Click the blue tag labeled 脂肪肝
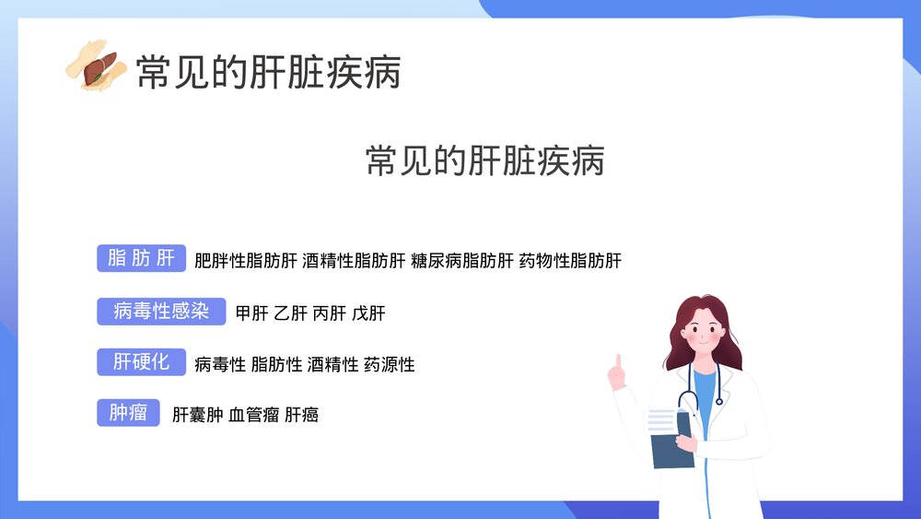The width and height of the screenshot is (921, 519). pyautogui.click(x=141, y=259)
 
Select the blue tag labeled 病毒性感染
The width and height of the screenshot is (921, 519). pyautogui.click(x=161, y=312)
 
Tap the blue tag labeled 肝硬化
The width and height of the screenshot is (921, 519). pyautogui.click(x=141, y=362)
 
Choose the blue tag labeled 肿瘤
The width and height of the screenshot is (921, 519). pyautogui.click(x=128, y=413)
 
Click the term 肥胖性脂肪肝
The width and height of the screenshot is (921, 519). pyautogui.click(x=246, y=261)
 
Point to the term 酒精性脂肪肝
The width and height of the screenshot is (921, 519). pyautogui.click(x=354, y=261)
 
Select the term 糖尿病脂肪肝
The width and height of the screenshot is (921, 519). pyautogui.click(x=462, y=261)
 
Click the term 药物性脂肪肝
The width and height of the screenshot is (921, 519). pyautogui.click(x=570, y=261)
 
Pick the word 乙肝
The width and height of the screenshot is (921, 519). pyautogui.click(x=291, y=313)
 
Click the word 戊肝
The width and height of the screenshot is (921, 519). pyautogui.click(x=368, y=313)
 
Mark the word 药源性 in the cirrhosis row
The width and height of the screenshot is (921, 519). pyautogui.click(x=390, y=365)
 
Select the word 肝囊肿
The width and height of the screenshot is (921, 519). pyautogui.click(x=198, y=415)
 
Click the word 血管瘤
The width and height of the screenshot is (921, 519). pyautogui.click(x=253, y=415)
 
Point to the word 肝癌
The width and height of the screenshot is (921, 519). pyautogui.click(x=302, y=415)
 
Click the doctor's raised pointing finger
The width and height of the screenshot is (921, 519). pyautogui.click(x=618, y=362)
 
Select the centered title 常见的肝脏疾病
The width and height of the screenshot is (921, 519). pyautogui.click(x=485, y=160)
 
